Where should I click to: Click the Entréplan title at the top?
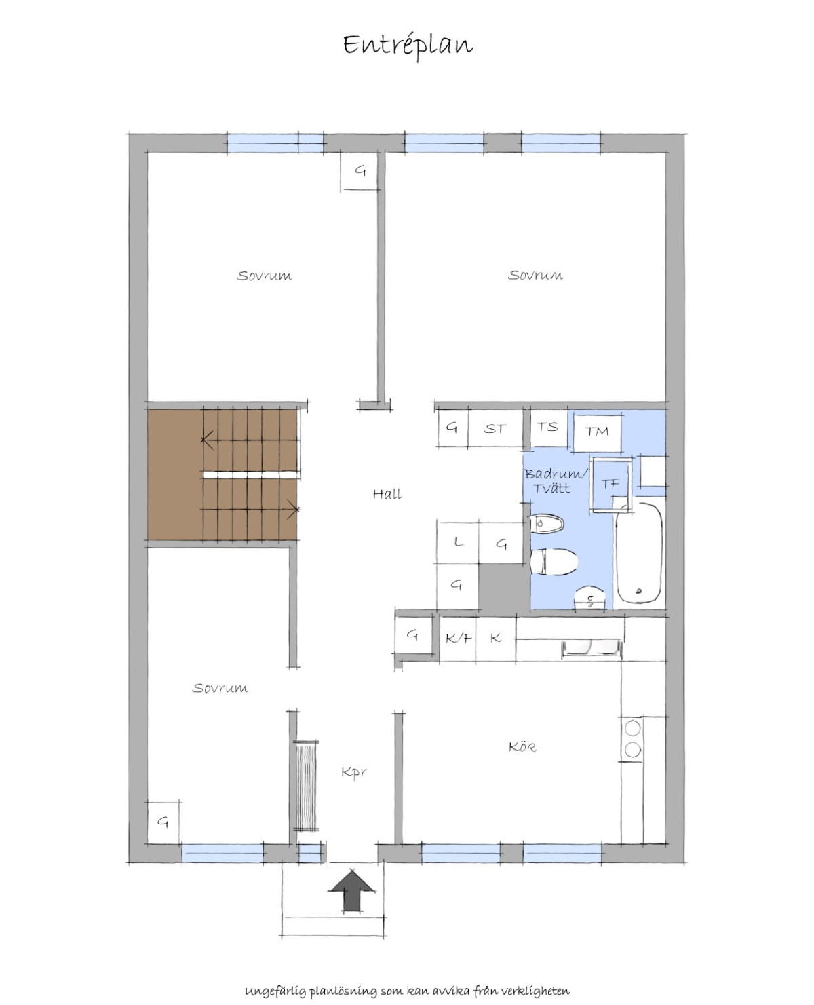pyautogui.click(x=408, y=45)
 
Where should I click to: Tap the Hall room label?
pyautogui.click(x=387, y=494)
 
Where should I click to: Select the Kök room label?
pyautogui.click(x=522, y=746)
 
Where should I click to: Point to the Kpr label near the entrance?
pyautogui.click(x=353, y=772)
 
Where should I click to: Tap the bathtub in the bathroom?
pyautogui.click(x=640, y=553)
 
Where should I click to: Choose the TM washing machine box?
pyautogui.click(x=597, y=432)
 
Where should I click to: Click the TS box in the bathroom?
pyautogui.click(x=548, y=428)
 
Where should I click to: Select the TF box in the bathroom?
pyautogui.click(x=610, y=484)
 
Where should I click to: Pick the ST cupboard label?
pyautogui.click(x=495, y=429)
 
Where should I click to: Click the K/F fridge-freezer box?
pyautogui.click(x=458, y=638)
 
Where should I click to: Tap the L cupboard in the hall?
pyautogui.click(x=458, y=542)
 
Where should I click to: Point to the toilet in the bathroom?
pyautogui.click(x=554, y=562)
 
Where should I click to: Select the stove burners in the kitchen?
pyautogui.click(x=632, y=739)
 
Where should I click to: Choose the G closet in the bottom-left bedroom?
pyautogui.click(x=163, y=822)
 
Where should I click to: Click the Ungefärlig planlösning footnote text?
pyautogui.click(x=407, y=976)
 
